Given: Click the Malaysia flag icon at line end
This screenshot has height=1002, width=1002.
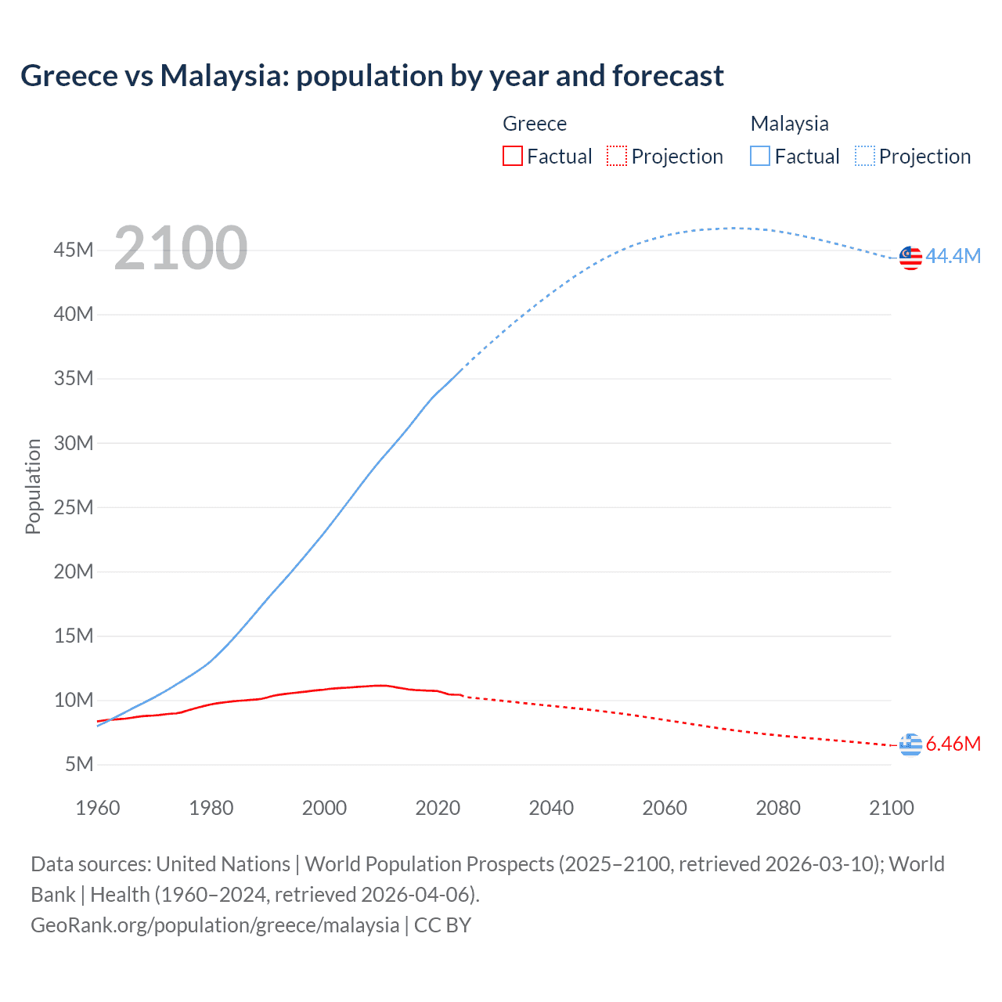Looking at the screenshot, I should [910, 258].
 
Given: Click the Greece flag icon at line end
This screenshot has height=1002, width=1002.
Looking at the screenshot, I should [910, 744].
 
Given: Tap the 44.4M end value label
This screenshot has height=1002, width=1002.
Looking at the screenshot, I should [953, 256].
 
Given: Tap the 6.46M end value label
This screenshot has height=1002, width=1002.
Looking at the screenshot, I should [953, 744].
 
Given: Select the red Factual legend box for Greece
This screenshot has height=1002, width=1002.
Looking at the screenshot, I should [512, 156].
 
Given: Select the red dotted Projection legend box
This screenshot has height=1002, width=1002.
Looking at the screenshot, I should [617, 156].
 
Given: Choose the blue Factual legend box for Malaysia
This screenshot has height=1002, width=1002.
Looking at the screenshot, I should [760, 156].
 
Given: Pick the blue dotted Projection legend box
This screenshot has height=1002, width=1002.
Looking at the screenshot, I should [864, 156].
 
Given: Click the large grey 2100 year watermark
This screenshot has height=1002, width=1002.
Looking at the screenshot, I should [181, 248].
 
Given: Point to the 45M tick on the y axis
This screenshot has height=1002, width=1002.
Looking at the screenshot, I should [74, 250].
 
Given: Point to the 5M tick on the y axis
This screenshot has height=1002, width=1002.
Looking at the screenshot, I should [78, 764].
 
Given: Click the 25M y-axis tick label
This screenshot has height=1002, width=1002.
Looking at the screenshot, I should [74, 507].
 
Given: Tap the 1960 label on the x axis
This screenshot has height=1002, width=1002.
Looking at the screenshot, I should [98, 808].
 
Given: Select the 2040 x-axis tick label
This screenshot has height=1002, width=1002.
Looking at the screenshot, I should [551, 808].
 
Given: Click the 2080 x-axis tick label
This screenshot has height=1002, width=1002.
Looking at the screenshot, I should [778, 808].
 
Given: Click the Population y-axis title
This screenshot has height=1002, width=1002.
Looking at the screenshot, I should [33, 486].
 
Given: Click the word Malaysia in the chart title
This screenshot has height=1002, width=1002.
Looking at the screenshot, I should [223, 76].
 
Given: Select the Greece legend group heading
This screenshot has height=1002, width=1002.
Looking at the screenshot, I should [535, 124].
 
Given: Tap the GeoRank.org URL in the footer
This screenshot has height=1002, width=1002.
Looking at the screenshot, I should [215, 925].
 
